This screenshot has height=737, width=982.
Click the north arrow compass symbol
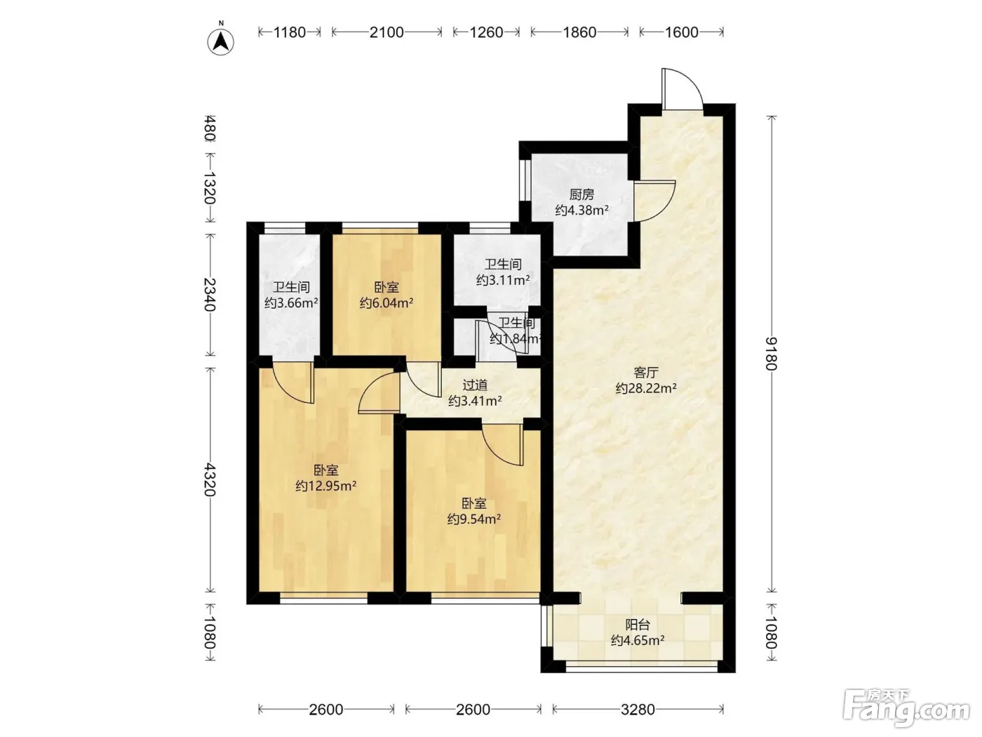tap(220, 41)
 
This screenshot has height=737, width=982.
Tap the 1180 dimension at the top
tap(290, 32)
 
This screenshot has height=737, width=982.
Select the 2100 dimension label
tap(386, 32)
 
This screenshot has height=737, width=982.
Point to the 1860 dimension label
tap(579, 32)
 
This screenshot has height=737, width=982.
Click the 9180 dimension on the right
tap(771, 354)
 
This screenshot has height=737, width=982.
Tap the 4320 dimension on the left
tap(210, 479)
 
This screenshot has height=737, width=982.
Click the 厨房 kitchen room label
tap(581, 194)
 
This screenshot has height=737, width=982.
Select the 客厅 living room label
tap(646, 372)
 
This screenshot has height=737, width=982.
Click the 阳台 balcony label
tap(638, 625)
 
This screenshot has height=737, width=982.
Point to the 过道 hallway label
tap(475, 385)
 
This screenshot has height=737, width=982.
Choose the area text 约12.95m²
tap(325, 486)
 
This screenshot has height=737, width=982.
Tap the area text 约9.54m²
tap(474, 519)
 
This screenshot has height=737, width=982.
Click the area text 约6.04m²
tap(386, 303)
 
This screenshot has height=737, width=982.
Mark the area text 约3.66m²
tap(291, 303)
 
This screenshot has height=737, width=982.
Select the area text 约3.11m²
tap(504, 280)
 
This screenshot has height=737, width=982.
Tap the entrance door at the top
tap(682, 88)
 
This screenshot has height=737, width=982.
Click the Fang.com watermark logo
tap(906, 710)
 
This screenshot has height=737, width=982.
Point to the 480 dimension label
tap(210, 128)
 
